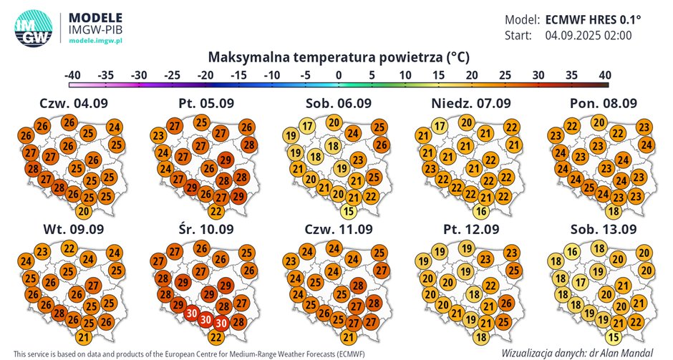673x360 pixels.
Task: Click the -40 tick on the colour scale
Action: click(72, 74)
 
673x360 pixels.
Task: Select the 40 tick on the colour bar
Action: click(604, 74)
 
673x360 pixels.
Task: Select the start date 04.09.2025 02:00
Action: click(589, 35)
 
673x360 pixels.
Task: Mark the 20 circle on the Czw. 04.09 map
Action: click(84, 210)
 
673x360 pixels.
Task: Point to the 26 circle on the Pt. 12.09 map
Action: click(505, 303)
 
